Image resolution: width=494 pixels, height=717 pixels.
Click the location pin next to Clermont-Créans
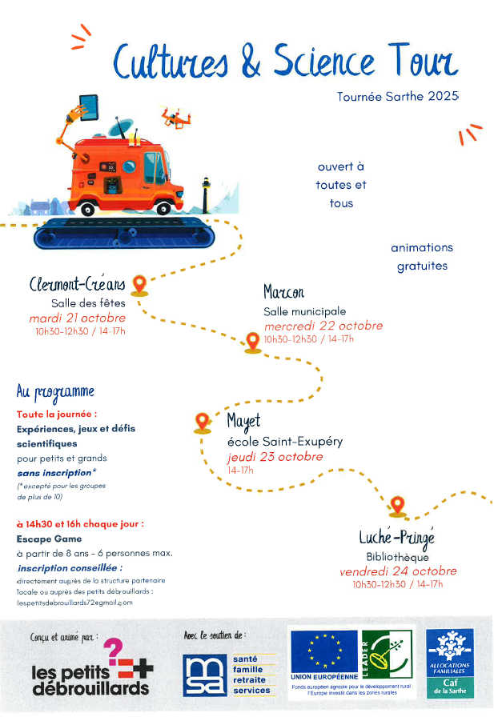tap(139, 284)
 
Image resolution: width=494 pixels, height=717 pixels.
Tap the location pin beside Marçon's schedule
tap(253, 342)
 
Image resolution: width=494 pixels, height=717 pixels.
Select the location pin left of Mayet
tap(202, 421)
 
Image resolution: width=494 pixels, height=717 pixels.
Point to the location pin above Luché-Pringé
tap(397, 506)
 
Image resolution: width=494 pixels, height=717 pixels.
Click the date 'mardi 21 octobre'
tap(77, 318)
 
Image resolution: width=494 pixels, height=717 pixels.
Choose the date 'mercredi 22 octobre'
tap(323, 326)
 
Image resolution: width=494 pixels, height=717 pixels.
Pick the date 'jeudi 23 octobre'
tap(275, 456)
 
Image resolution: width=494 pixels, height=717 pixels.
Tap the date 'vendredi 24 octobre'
tap(398, 571)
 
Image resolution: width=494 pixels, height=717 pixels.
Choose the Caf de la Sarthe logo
tap(449, 661)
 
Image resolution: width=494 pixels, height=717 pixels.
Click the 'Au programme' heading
tap(55, 392)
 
